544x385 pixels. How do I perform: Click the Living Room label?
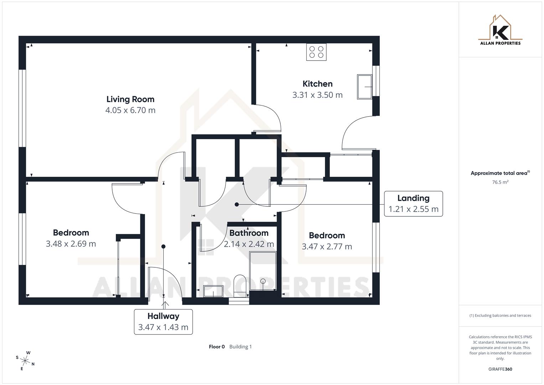click(130, 99)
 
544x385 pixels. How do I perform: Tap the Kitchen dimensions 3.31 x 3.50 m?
click(317, 95)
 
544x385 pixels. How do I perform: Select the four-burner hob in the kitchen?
click(316, 52)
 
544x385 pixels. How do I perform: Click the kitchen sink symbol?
click(365, 87)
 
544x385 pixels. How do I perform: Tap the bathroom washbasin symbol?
click(213, 291)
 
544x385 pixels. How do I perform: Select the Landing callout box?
click(413, 204)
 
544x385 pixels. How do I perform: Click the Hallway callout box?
click(163, 322)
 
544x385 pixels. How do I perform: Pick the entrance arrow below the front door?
click(165, 305)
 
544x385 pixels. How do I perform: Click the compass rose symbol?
click(26, 361)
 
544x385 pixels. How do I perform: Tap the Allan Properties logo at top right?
click(500, 30)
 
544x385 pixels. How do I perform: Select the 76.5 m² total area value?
click(500, 182)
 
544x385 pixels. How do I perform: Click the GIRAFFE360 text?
click(500, 369)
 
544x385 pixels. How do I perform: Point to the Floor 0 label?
click(217, 346)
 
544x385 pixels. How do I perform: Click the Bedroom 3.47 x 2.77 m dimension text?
click(327, 247)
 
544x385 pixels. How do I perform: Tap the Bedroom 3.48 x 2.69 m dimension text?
click(71, 244)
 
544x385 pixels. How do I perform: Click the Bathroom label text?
click(249, 233)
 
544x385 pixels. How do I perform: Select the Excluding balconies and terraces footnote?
click(500, 315)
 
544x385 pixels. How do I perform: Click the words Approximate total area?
click(499, 173)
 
